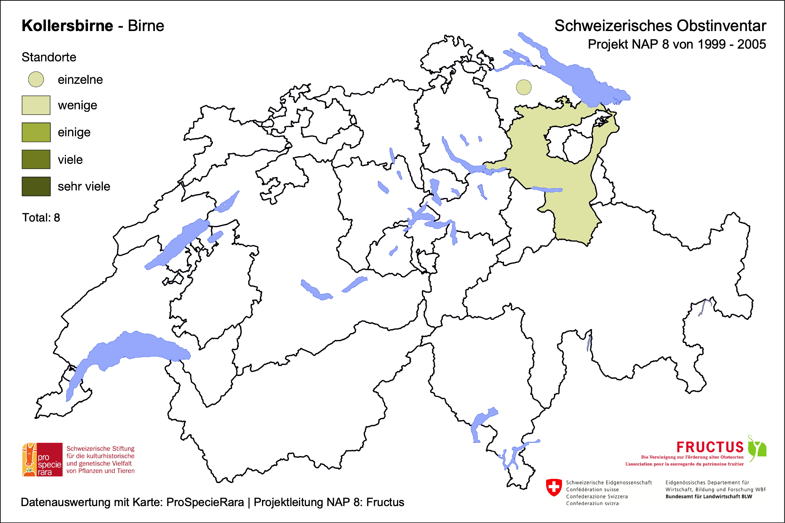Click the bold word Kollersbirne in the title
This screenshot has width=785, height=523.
67,26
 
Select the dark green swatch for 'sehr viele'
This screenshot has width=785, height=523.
36,186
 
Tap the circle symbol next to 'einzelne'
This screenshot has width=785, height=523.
36,79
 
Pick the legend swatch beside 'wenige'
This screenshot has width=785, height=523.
36,105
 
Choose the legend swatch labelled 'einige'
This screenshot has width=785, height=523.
36,132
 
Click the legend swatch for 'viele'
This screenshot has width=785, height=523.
36,159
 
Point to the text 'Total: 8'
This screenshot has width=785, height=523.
41,218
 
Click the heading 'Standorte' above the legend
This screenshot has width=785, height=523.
49,57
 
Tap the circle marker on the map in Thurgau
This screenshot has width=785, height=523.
524,87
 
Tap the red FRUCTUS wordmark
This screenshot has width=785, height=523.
710,447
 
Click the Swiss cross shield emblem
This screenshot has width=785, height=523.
554,487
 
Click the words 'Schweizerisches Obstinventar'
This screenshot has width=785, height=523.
660,26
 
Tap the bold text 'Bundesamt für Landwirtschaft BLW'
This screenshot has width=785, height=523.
709,496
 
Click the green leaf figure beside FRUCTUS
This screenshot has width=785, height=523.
757,448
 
